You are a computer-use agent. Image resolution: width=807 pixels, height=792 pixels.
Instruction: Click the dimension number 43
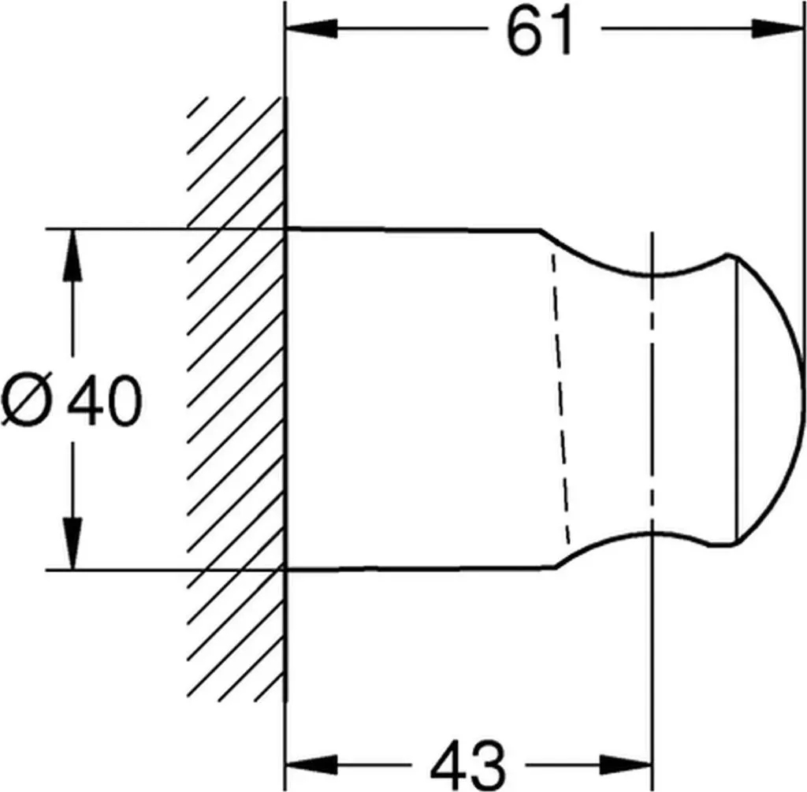[x=467, y=764]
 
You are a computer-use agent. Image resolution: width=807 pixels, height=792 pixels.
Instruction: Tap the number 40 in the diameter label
[x=105, y=400]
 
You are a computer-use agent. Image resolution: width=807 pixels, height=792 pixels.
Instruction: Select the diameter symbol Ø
[x=28, y=400]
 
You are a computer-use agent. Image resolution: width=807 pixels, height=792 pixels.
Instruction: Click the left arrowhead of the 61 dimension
[x=312, y=29]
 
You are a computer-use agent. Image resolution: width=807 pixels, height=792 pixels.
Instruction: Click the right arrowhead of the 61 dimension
[x=777, y=29]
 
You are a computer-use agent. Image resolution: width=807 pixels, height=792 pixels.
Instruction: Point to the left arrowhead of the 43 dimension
[x=312, y=764]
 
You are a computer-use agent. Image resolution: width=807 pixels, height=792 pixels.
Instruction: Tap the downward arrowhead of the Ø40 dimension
[x=73, y=544]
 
